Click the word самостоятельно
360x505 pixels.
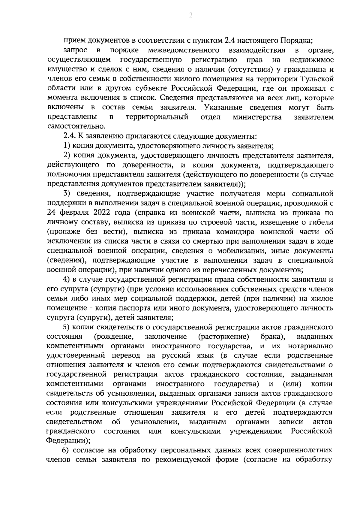pyautogui.click(x=76, y=127)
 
